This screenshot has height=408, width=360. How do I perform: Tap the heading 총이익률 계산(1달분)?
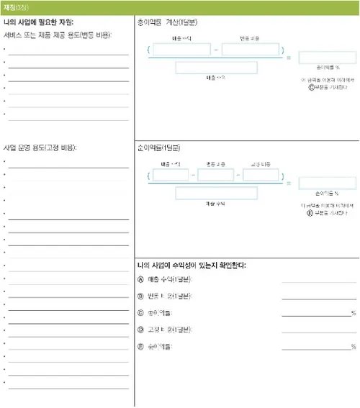[167, 22]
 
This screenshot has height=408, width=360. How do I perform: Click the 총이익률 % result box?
[327, 58]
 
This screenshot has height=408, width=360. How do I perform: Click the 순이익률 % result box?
[327, 183]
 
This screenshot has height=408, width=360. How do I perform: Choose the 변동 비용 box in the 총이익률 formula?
[250, 50]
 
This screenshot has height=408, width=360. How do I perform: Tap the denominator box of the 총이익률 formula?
[216, 67]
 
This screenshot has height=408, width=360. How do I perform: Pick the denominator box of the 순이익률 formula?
[216, 193]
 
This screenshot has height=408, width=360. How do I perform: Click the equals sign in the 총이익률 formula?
[289, 58]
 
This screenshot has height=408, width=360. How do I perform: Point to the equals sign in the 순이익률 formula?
[289, 183]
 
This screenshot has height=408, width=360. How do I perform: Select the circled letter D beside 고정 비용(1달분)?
[140, 330]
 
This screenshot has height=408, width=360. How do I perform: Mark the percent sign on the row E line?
[354, 347]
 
